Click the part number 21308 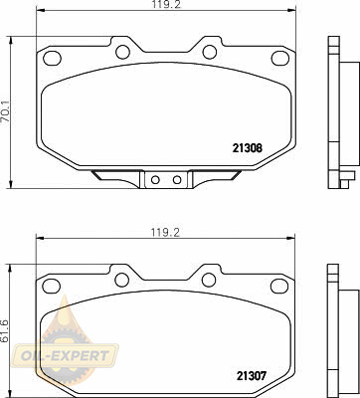(x=248, y=148)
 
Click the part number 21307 (x=252, y=376)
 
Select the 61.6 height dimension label (x=6, y=330)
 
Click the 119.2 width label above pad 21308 (x=166, y=4)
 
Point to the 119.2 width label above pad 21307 (x=165, y=233)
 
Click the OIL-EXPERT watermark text (x=65, y=356)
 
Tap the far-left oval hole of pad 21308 (x=53, y=58)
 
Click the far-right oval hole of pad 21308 (x=279, y=58)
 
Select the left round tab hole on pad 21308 (x=122, y=52)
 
